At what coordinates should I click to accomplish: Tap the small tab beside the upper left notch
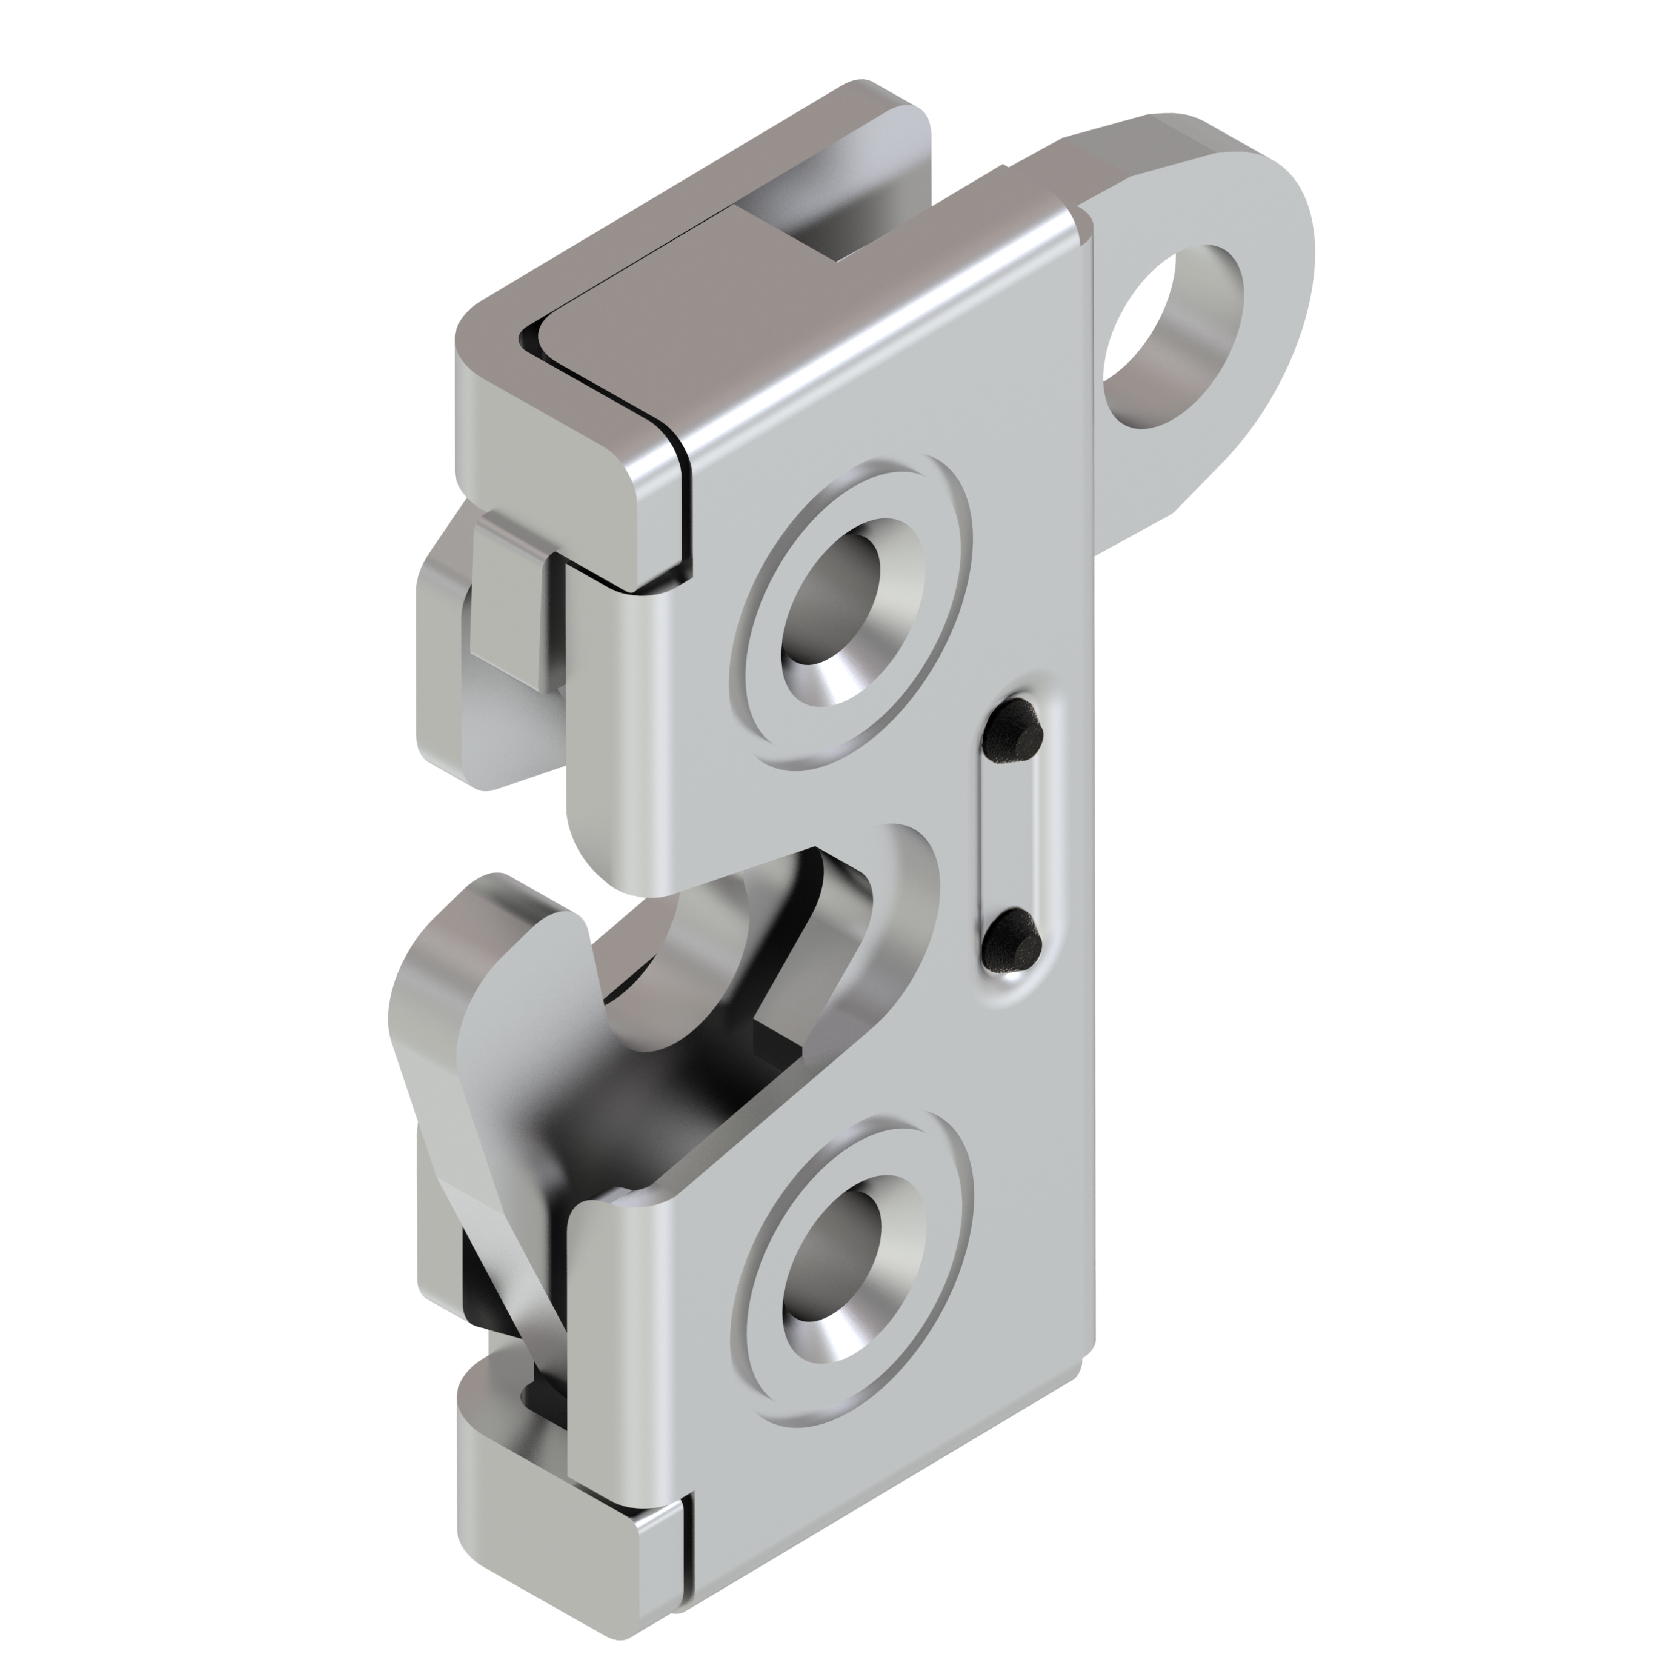(511, 597)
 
